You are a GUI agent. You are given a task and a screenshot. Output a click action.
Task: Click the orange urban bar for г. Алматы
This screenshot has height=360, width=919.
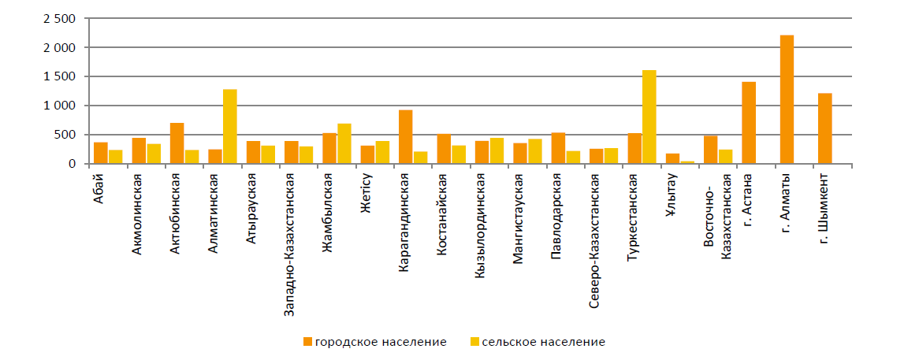coord(787,99)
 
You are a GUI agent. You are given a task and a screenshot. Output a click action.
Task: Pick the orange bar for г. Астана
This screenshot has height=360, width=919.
coord(749,123)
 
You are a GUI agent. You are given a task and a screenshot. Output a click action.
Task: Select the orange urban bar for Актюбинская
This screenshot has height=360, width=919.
coord(177,143)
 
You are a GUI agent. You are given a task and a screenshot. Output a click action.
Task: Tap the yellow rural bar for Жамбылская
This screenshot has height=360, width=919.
coord(344,143)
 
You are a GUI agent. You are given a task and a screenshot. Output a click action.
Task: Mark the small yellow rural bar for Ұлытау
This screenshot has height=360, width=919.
coord(687,162)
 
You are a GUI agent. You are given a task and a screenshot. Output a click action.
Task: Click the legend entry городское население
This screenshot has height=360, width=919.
coord(375,342)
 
